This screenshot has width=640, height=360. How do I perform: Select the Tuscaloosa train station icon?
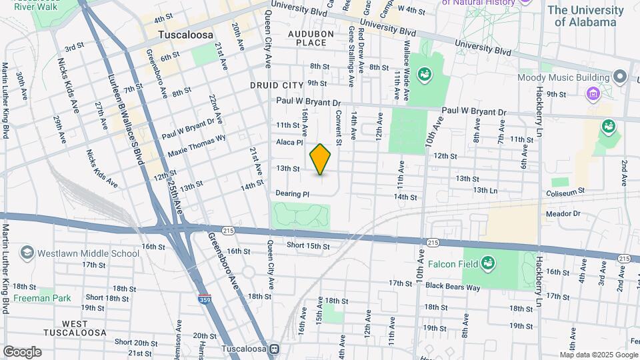click(x=273, y=349)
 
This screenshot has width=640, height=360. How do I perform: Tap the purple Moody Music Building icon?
click(x=593, y=94)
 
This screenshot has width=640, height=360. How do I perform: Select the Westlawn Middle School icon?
click(x=27, y=253)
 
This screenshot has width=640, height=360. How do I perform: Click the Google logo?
click(x=22, y=351)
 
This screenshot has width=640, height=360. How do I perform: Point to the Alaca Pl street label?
click(x=290, y=142)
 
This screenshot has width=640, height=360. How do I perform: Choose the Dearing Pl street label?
click(x=292, y=194)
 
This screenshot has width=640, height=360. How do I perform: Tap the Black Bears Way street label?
click(x=453, y=287)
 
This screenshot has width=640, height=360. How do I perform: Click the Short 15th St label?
click(x=308, y=246)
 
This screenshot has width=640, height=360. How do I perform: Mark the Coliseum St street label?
click(x=566, y=190)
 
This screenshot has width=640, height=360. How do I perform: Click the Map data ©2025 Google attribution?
click(x=597, y=355)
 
